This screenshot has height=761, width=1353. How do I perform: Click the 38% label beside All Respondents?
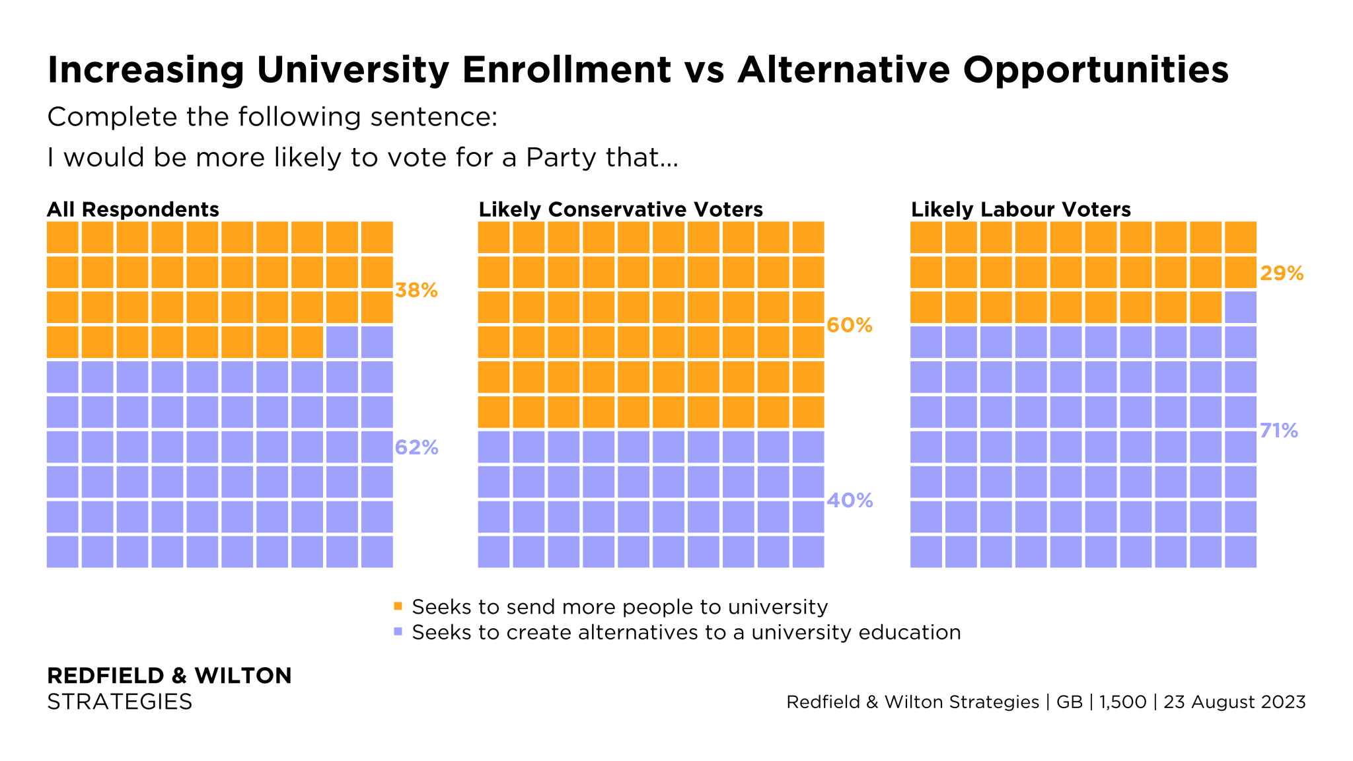tap(416, 290)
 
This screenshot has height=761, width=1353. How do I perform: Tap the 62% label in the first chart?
tap(416, 448)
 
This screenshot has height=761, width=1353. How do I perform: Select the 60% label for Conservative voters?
tap(850, 325)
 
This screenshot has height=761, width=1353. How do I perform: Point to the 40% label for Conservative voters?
tap(850, 501)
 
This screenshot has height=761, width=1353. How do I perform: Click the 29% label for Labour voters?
tap(1282, 273)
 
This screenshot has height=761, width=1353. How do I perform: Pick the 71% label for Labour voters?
tap(1279, 431)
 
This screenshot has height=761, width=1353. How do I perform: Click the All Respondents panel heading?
tap(133, 209)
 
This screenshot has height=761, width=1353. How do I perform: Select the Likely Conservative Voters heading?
tap(620, 209)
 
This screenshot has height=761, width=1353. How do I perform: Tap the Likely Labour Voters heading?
tap(1021, 209)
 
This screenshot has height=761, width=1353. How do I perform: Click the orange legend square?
tap(398, 606)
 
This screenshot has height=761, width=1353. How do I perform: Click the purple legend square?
tap(398, 632)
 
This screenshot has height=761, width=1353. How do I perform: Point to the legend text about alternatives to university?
tap(686, 632)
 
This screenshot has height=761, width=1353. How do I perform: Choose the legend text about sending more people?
tap(620, 606)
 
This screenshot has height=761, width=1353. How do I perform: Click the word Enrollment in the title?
tap(567, 69)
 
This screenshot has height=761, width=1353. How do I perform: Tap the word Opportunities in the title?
tap(1095, 69)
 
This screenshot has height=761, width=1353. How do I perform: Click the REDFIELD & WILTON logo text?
tap(169, 675)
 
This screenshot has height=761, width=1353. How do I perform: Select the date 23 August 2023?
tap(1234, 702)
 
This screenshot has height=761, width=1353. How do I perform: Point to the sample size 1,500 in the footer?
tap(1122, 702)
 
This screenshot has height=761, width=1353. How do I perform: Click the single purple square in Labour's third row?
tap(1240, 307)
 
